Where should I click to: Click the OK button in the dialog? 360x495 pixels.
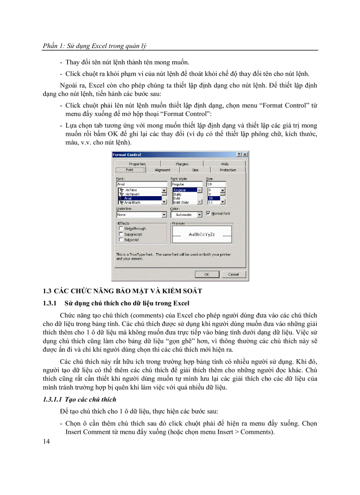pyautogui.click(x=206, y=274)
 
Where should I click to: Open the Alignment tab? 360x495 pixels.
pyautogui.click(x=162, y=170)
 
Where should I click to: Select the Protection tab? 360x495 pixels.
pyautogui.click(x=228, y=170)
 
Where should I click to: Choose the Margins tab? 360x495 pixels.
pyautogui.click(x=182, y=164)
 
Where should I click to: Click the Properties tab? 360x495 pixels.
pyautogui.click(x=137, y=164)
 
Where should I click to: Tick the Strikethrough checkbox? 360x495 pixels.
pyautogui.click(x=121, y=229)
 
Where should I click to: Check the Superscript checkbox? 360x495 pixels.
pyautogui.click(x=121, y=234)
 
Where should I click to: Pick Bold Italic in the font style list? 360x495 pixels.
pyautogui.click(x=181, y=202)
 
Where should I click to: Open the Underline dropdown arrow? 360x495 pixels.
pyautogui.click(x=164, y=215)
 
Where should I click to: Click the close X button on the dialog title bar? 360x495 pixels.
pyautogui.click(x=245, y=155)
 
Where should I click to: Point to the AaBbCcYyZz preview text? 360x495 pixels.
pyautogui.click(x=202, y=234)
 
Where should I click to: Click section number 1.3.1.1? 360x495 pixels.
pyautogui.click(x=53, y=399)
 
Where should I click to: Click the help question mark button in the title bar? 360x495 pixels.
pyautogui.click(x=239, y=155)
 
